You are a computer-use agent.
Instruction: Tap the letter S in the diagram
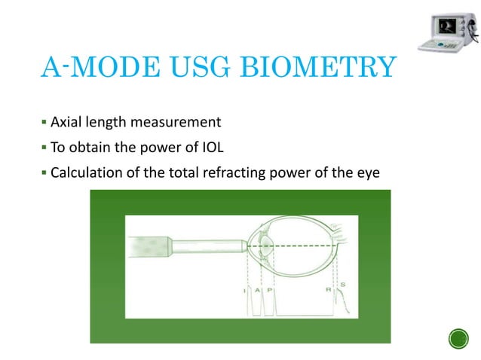click(344, 284)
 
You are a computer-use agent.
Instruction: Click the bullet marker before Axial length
click(44, 121)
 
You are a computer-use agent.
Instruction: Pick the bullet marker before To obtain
click(44, 147)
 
